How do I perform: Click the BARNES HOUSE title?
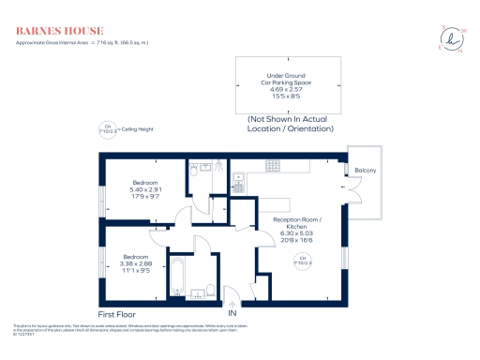coord(54,31)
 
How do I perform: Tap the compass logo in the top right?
coord(452,38)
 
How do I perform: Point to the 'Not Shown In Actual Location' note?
coord(289,125)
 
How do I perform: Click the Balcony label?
coord(366,170)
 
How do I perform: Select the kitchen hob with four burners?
coord(238,176)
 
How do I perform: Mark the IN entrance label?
coord(247,312)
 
